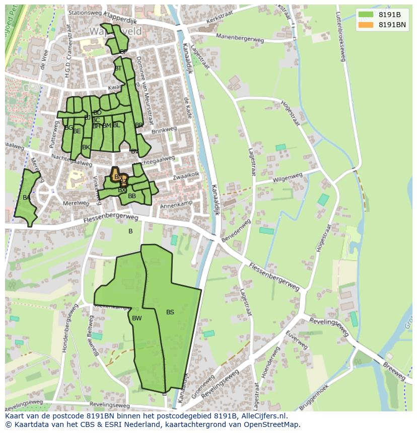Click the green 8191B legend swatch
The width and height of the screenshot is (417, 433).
tap(366, 15)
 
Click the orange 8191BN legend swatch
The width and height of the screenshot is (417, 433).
tap(366, 25)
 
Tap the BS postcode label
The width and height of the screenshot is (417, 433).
tap(170, 312)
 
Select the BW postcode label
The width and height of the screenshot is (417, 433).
tap(136, 318)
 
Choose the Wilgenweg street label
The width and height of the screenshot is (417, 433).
tap(288, 178)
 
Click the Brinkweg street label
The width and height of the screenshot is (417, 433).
tap(165, 129)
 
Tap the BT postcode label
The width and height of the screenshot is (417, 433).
tap(118, 68)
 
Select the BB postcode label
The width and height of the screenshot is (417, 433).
tap(132, 196)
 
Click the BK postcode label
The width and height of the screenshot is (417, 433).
tap(86, 147)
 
